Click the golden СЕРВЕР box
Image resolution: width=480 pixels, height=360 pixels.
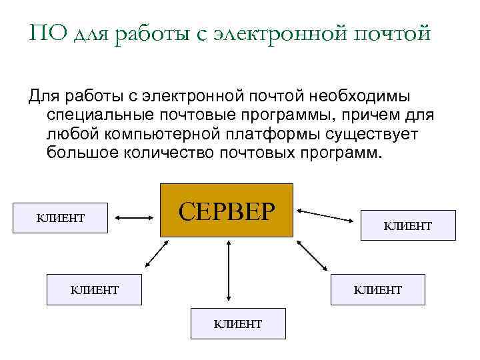tap(227, 210)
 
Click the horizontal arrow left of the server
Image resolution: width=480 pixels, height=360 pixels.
tap(135, 217)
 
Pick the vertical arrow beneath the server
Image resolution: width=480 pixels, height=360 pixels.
tap(229, 271)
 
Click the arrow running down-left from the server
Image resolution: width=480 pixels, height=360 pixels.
tap(157, 254)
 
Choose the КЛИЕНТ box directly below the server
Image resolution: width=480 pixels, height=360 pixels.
tap(238, 323)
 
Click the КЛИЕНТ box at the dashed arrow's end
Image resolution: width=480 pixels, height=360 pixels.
tap(408, 225)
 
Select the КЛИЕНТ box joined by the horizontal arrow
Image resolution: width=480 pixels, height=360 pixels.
tap(61, 217)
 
